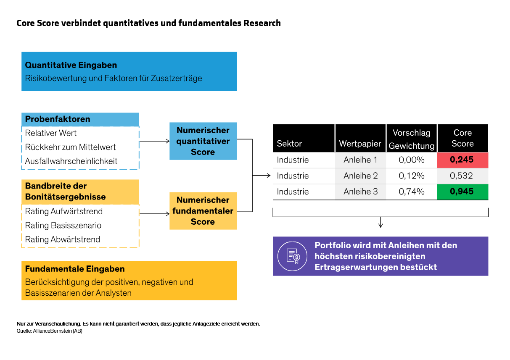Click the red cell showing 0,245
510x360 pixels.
(x=462, y=160)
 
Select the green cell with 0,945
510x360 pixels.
(x=462, y=192)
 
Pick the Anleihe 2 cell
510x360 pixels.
(x=360, y=176)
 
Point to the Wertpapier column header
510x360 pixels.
(x=360, y=144)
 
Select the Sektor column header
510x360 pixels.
(x=289, y=144)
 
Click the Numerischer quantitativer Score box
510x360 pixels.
(x=203, y=141)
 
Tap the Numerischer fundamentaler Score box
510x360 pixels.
(x=203, y=211)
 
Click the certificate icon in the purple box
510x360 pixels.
(x=293, y=256)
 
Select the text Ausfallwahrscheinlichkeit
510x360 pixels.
(x=71, y=161)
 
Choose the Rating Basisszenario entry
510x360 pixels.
(x=63, y=226)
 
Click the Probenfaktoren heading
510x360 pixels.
(x=58, y=119)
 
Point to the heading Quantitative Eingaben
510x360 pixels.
(x=71, y=65)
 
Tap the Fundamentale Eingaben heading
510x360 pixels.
(x=75, y=269)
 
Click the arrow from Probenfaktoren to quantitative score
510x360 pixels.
(x=154, y=142)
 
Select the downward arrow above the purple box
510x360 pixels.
(x=381, y=223)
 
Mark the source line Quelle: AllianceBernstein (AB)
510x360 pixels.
(x=49, y=331)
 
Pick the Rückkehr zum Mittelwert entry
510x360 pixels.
(x=70, y=147)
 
